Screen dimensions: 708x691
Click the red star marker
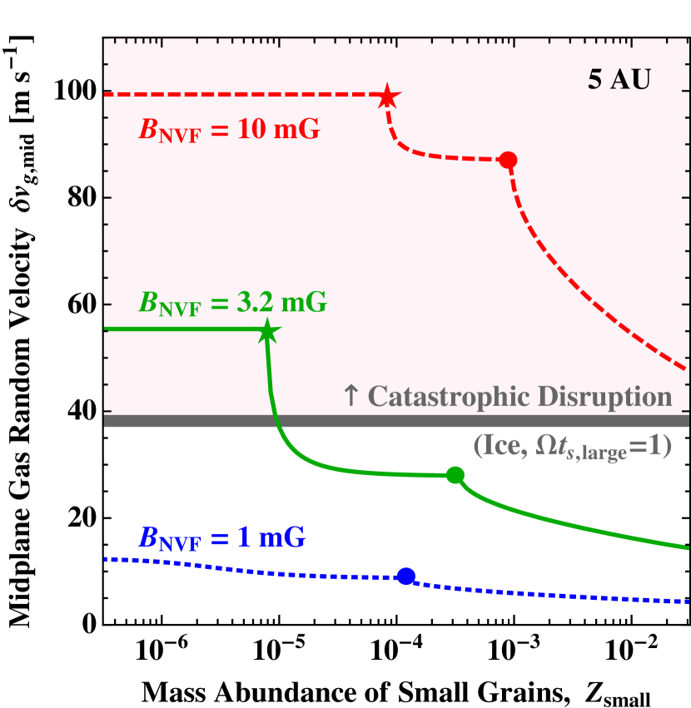click(387, 97)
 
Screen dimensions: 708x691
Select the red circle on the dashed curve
click(508, 160)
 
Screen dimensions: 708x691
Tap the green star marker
click(266, 331)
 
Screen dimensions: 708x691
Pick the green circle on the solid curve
click(455, 475)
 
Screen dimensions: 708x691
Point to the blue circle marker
click(406, 576)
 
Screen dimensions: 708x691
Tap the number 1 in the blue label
click(243, 538)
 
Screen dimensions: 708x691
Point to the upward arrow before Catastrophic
click(350, 397)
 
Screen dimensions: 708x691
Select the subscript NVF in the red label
click(181, 136)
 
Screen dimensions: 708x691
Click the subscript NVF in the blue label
click(181, 545)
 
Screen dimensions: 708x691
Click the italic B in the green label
click(148, 302)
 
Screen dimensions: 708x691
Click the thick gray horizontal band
click(396, 421)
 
